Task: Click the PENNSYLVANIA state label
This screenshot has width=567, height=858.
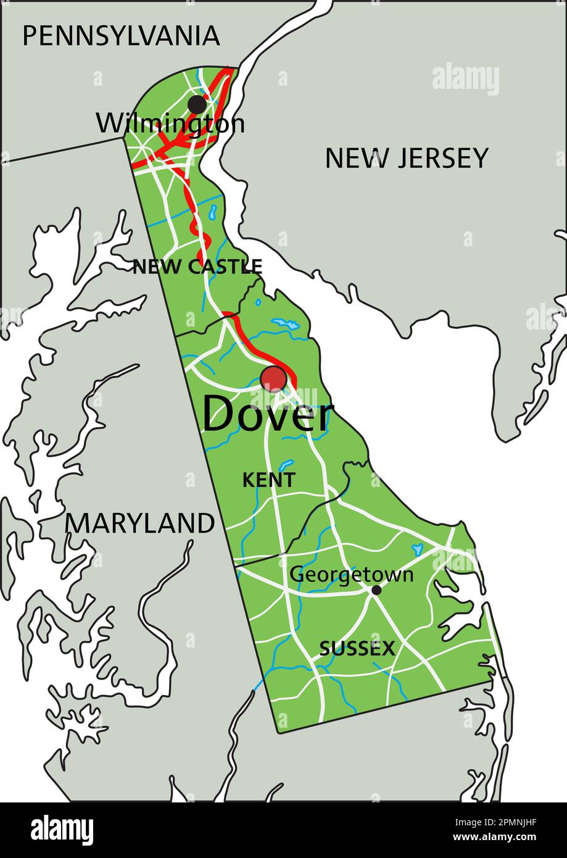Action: [121, 36]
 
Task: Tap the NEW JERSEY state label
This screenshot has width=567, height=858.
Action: [407, 159]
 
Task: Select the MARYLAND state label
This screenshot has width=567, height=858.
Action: [140, 524]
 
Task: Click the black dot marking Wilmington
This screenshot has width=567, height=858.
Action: [197, 104]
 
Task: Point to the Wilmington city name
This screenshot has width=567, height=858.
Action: [170, 124]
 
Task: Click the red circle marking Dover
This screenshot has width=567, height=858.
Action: [273, 378]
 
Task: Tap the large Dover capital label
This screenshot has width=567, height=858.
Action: [268, 415]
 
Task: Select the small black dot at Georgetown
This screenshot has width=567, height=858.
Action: [376, 590]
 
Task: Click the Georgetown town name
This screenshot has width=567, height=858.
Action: [351, 574]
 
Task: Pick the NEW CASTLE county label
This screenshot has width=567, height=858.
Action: [197, 267]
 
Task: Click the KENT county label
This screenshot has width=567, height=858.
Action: [268, 480]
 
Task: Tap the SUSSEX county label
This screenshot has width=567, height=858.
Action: [357, 648]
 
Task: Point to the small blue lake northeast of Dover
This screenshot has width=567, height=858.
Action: [284, 323]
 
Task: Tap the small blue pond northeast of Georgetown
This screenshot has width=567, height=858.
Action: [417, 548]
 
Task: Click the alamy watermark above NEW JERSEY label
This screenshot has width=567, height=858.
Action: [465, 79]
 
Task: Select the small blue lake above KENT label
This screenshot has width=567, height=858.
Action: [287, 465]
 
